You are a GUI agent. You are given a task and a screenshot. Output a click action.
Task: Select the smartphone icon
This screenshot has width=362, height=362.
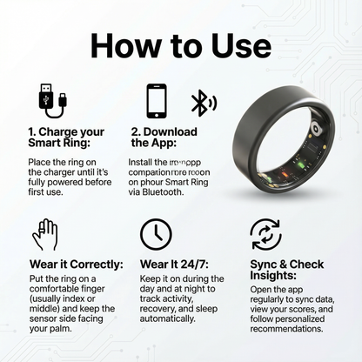tap(157, 100)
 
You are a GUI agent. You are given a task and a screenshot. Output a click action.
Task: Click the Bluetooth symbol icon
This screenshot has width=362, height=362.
tap(202, 102)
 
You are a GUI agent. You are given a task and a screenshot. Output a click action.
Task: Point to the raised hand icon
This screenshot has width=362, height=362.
tap(44, 234)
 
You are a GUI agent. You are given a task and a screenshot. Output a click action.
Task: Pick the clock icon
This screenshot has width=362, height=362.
tap(156, 234)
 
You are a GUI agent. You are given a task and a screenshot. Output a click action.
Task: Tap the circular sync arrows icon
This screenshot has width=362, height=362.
tap(265, 234)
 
